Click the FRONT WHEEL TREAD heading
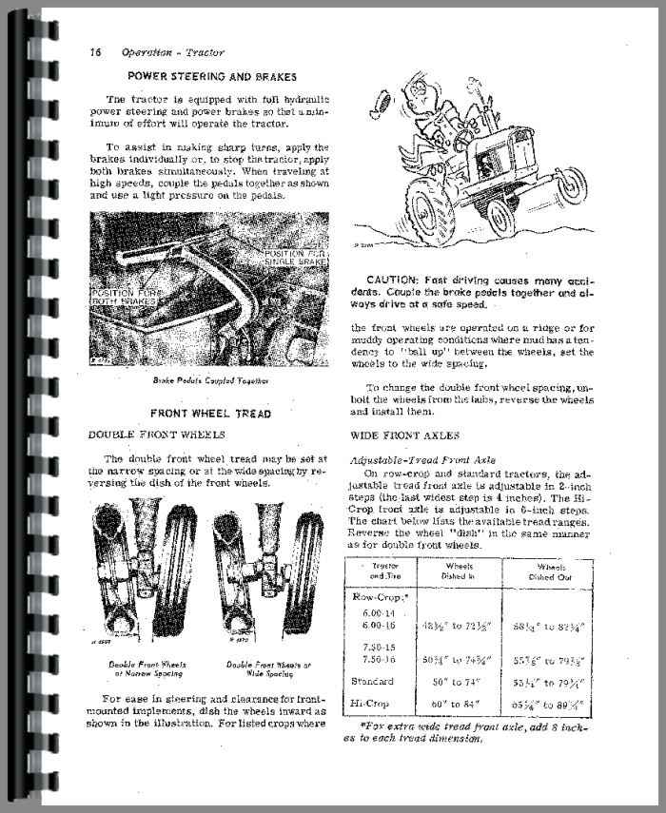point(210,413)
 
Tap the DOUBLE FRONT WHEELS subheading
point(157,435)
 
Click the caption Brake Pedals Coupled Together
point(209,379)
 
